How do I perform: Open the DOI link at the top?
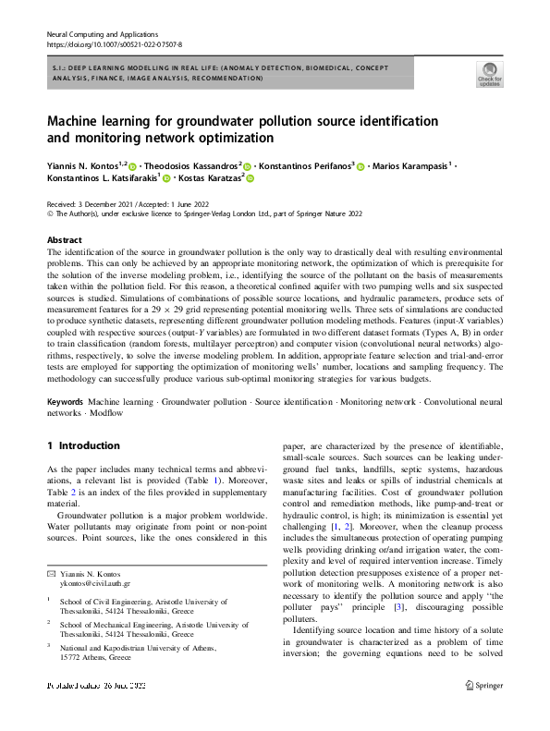[114, 43]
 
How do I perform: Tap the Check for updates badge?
[488, 72]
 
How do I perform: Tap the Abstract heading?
[64, 239]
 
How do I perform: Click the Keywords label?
[65, 403]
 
